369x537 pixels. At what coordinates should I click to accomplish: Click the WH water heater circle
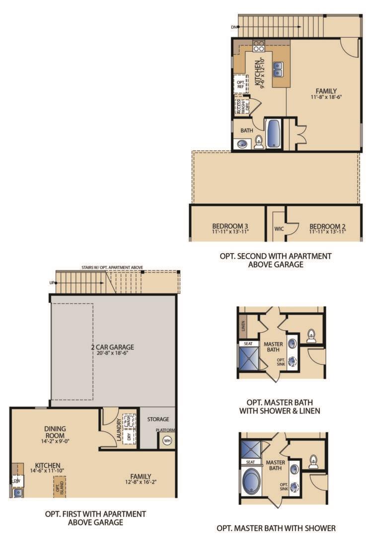pyautogui.click(x=167, y=441)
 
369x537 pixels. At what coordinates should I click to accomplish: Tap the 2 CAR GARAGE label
pyautogui.click(x=113, y=347)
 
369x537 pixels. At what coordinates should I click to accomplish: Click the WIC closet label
pyautogui.click(x=279, y=230)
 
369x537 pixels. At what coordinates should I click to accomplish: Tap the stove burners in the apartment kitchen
pyautogui.click(x=259, y=46)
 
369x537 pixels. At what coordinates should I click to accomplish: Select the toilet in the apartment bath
pyautogui.click(x=259, y=143)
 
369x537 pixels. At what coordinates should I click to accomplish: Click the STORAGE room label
pyautogui.click(x=158, y=419)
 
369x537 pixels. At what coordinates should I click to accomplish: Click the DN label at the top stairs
pyautogui.click(x=234, y=27)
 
